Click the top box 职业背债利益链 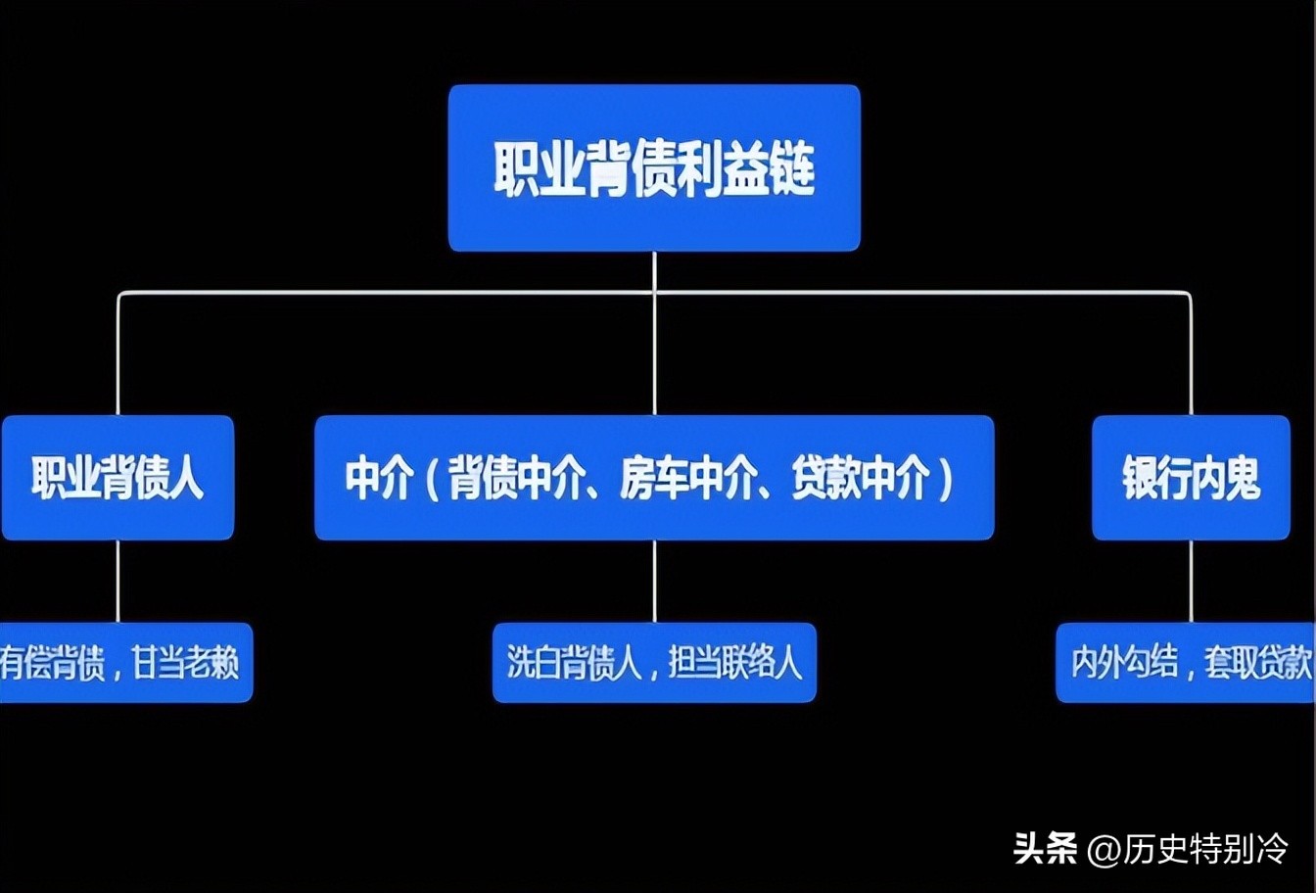pos(654,167)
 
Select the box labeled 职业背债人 pos(117,478)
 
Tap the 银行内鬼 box pos(1191,478)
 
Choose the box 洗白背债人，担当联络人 pos(654,663)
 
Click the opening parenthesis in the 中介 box pos(429,479)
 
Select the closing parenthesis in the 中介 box pos(946,479)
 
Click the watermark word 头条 pos(1045,847)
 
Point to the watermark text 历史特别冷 pos(1205,847)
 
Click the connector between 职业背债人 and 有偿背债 pos(118,581)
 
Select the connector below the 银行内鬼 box pos(1191,581)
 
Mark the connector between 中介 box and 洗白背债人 pos(654,581)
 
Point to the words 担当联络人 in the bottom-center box pos(735,663)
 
